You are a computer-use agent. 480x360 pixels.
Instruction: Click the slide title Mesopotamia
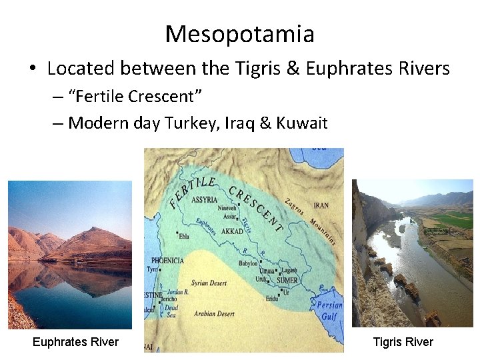(240, 33)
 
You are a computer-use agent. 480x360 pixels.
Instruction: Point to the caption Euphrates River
(75, 342)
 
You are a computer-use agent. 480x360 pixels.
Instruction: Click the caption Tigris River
(403, 342)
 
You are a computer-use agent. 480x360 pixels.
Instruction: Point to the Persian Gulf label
(329, 311)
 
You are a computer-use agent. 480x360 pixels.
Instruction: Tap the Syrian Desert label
(209, 283)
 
